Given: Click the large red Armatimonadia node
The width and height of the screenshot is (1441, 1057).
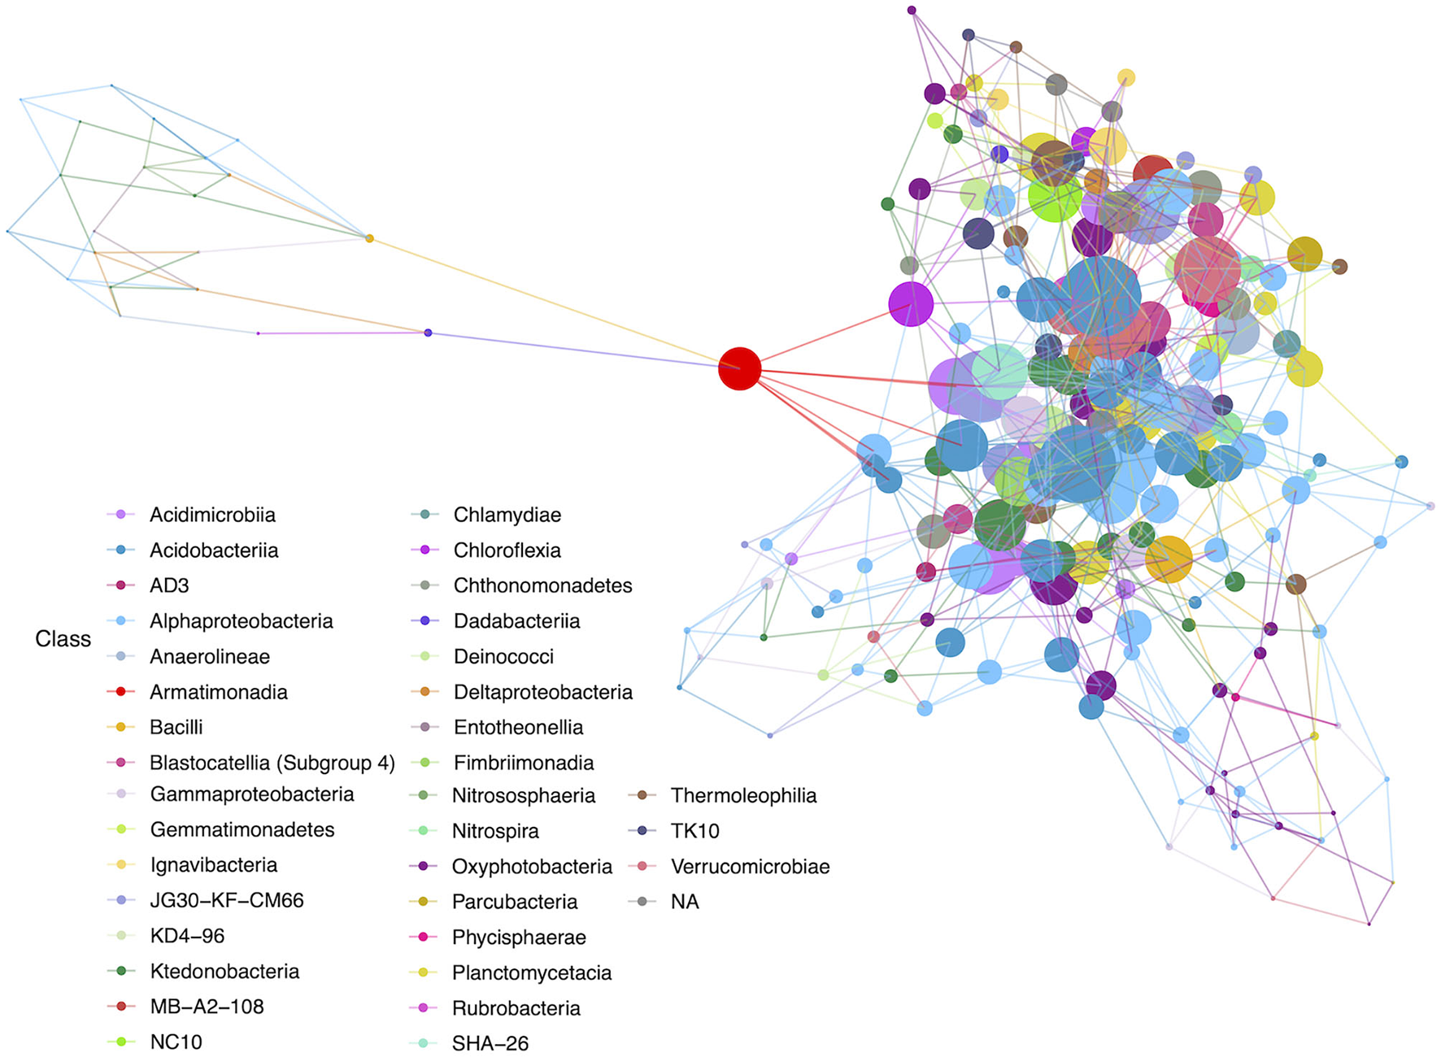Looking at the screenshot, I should (x=739, y=369).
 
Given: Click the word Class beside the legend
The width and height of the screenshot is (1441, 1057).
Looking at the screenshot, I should (x=63, y=639).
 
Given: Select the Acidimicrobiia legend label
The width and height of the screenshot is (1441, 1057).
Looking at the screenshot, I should (x=212, y=515).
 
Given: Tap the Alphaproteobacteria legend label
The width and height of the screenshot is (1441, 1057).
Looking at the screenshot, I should (x=241, y=621).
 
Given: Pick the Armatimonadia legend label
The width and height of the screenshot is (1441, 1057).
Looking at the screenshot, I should (x=218, y=692).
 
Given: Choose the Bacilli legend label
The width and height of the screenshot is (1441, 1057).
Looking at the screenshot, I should (x=176, y=727).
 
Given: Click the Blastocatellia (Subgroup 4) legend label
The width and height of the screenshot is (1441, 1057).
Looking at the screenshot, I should (x=272, y=763).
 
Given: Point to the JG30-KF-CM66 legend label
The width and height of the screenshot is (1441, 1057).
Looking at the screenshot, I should (x=226, y=900).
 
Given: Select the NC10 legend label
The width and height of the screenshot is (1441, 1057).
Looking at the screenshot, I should (x=176, y=1042).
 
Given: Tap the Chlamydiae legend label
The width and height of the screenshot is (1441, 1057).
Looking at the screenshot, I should (x=507, y=515).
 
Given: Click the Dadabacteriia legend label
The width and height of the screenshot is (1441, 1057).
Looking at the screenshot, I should (x=516, y=621).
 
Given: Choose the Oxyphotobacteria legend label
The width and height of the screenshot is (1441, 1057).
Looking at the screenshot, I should (x=532, y=867).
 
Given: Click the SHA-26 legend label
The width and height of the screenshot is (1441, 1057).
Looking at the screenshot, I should (x=490, y=1043).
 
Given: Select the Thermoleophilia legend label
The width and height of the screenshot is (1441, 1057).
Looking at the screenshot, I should (x=743, y=795).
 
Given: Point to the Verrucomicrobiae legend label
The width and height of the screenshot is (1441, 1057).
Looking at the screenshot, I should (x=750, y=867).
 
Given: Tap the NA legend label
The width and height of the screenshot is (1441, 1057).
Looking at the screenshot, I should (x=685, y=902).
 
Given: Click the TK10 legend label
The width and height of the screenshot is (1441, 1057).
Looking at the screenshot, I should (x=694, y=831).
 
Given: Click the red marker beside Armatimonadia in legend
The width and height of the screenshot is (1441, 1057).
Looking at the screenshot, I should (x=120, y=692).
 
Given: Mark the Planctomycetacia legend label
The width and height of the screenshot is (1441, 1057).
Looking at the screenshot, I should (x=531, y=972).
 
